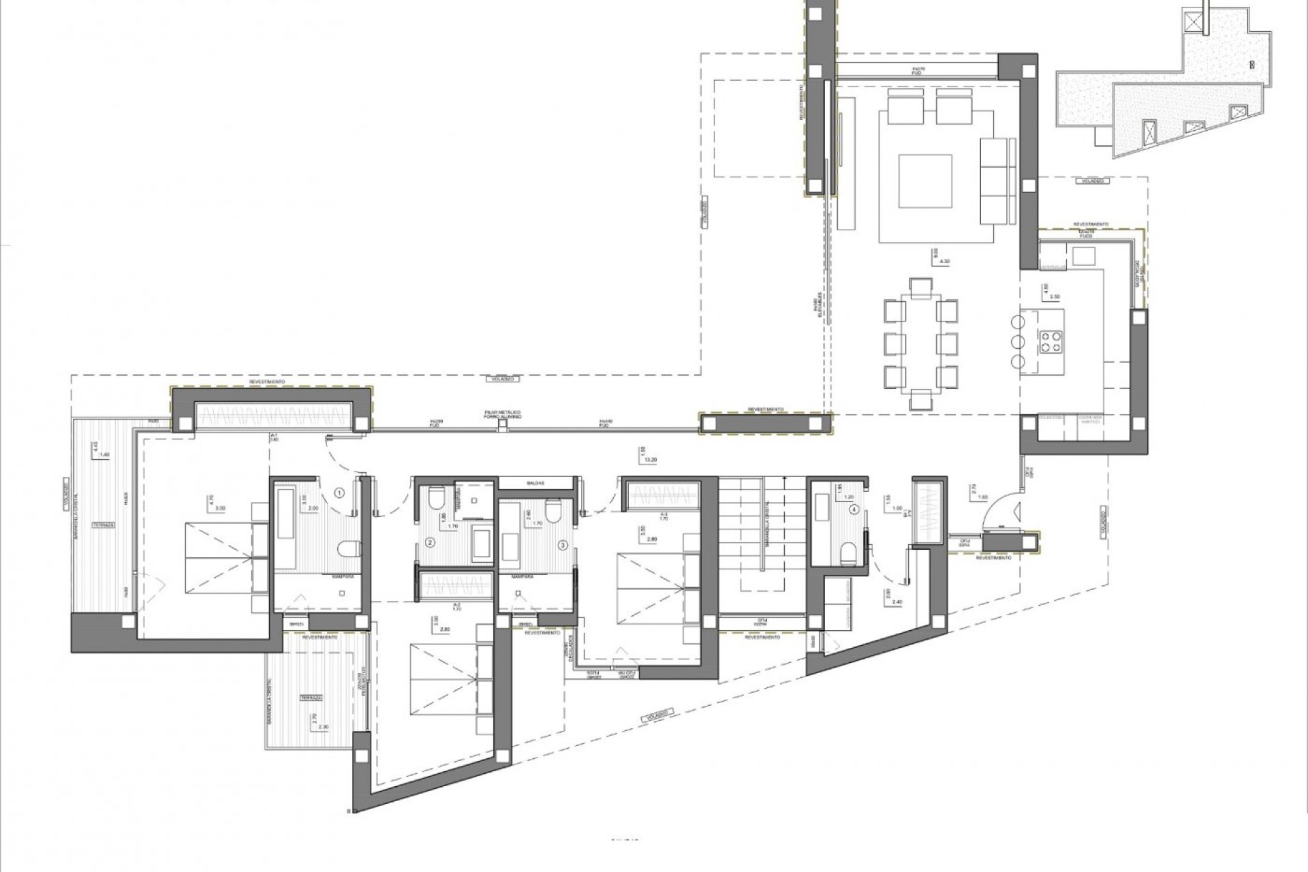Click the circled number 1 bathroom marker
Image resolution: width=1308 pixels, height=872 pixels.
[x=340, y=492]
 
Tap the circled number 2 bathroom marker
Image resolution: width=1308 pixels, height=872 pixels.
[x=430, y=543]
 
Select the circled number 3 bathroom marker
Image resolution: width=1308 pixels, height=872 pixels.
[x=563, y=545]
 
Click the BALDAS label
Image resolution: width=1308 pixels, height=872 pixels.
[x=535, y=482]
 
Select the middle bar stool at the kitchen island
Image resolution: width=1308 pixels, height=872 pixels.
[x=1018, y=341]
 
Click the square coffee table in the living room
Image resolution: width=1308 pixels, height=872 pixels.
[x=924, y=181]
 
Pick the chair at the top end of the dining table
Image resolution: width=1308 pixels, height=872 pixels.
[x=920, y=287]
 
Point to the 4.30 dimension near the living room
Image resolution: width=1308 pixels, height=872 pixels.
[x=944, y=261]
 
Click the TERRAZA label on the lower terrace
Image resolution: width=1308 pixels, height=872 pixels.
[x=311, y=698]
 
